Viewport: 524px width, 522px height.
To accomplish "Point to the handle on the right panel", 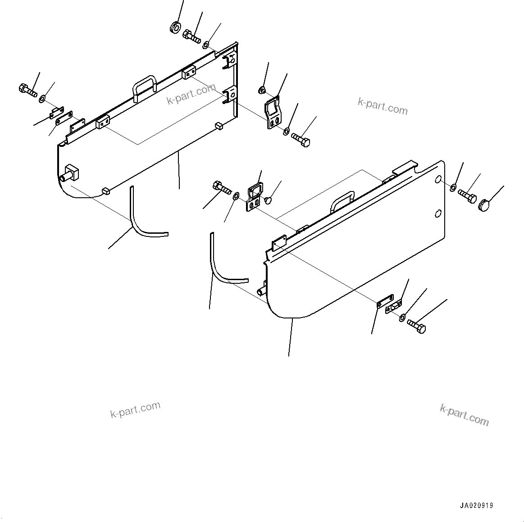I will click(342, 201).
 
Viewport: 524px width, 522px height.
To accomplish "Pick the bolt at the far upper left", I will click(28, 90).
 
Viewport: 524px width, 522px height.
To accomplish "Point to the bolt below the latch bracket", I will click(301, 139).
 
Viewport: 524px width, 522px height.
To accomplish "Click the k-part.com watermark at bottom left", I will click(135, 409).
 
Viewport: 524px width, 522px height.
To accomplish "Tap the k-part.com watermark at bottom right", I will click(464, 414).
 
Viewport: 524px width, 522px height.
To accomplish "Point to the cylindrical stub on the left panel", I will click(72, 173).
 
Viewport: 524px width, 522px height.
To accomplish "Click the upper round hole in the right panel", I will click(437, 180).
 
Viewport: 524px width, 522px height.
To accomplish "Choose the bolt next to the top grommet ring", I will click(192, 36).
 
